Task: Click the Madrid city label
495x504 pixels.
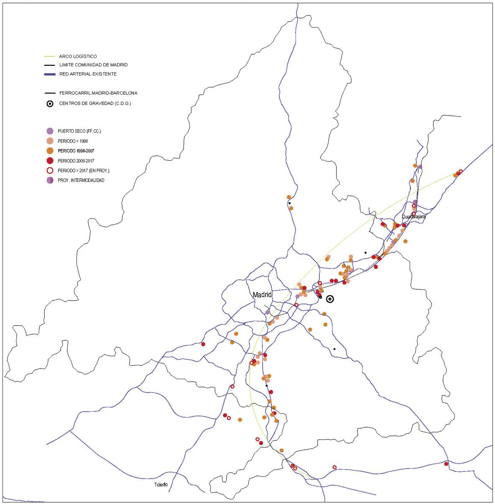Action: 262,295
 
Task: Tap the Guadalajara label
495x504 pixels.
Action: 413,217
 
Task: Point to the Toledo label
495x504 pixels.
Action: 161,484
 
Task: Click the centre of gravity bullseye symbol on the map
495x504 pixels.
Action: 330,299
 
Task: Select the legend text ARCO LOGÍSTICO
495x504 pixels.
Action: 78,56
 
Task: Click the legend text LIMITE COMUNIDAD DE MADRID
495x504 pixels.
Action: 93,65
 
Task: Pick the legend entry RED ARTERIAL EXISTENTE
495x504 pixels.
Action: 88,74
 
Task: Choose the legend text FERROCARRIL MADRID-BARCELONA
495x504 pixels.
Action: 98,93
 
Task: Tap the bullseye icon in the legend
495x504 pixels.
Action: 50,104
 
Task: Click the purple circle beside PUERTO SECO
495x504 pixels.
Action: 50,131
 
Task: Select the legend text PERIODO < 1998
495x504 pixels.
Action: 73,141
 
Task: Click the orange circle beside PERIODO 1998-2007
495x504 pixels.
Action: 50,151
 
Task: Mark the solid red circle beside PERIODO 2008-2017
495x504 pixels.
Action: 50,161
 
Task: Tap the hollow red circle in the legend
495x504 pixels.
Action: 50,170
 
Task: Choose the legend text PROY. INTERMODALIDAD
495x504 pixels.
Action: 81,180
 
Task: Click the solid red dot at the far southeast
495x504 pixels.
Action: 446,464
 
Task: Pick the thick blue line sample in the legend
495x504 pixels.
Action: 50,74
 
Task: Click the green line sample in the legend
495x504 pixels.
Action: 50,56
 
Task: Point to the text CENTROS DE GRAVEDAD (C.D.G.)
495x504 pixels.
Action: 95,104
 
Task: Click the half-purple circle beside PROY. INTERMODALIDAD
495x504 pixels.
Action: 50,180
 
